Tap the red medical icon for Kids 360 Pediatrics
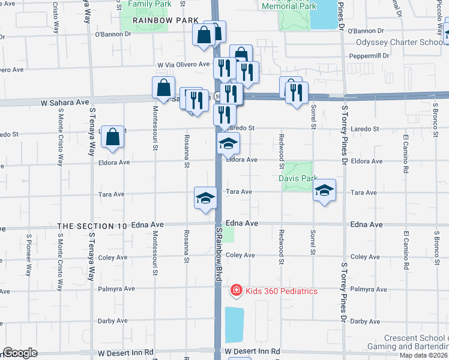(x=237, y=291)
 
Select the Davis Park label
(x=297, y=178)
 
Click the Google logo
(x=20, y=353)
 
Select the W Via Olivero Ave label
(x=183, y=64)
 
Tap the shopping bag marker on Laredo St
(x=113, y=137)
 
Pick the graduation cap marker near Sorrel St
(x=324, y=191)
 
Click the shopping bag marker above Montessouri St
(x=164, y=88)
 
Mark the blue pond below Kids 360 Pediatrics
(x=235, y=325)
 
